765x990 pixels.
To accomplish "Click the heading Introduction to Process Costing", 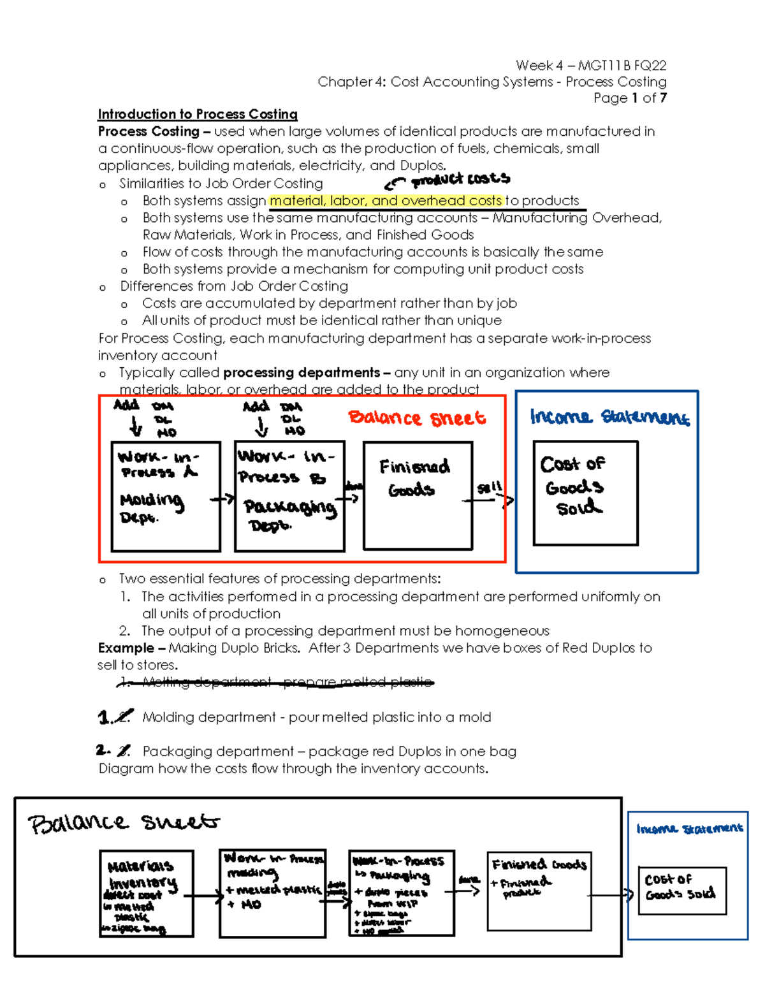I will [x=198, y=115].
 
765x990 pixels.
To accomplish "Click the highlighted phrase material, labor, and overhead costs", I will [x=386, y=201].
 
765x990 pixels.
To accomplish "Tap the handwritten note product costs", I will [x=460, y=180].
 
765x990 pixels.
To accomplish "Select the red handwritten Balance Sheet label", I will [x=417, y=418].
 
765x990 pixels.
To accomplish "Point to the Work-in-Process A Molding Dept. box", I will [x=166, y=496].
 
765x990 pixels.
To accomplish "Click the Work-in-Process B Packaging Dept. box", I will [x=289, y=496].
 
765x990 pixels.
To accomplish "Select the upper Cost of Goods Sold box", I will [x=585, y=493].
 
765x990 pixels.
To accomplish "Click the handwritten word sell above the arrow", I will [x=489, y=488].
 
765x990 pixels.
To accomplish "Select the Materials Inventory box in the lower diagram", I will [x=147, y=894].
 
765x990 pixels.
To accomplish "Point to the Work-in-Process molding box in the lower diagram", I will [x=272, y=893].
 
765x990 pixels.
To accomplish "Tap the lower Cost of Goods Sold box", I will [x=681, y=890].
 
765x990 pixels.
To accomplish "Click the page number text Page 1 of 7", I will [x=630, y=98].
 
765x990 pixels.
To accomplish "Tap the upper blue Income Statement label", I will [x=609, y=418].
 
